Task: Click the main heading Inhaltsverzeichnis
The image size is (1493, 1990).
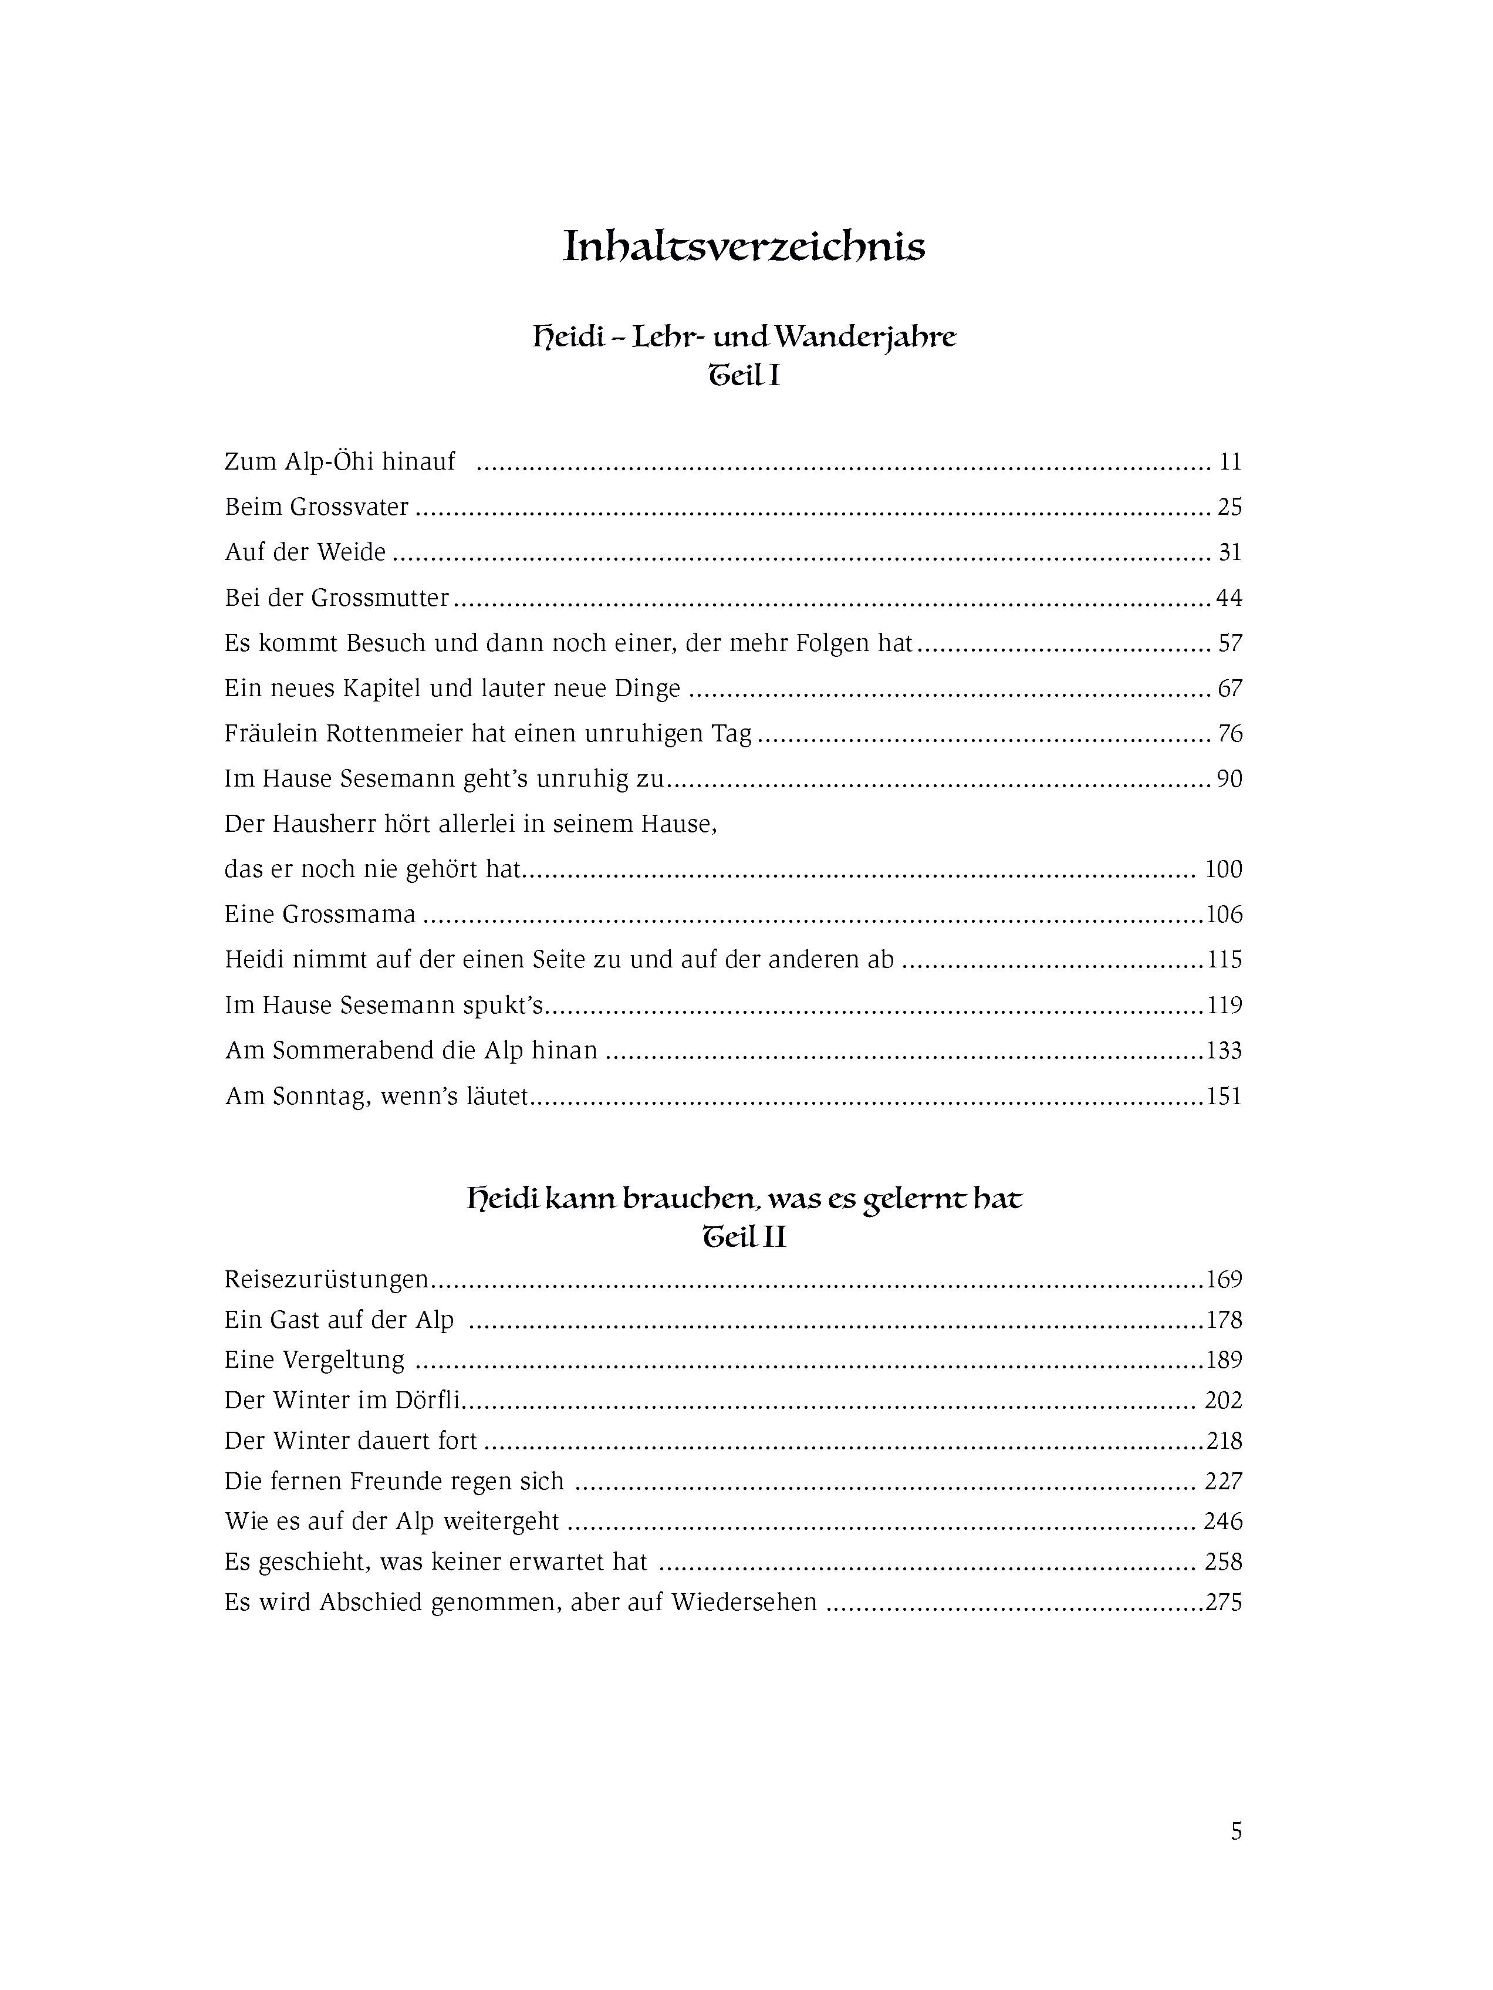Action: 744,247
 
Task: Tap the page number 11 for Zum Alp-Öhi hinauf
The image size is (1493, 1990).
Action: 1229,463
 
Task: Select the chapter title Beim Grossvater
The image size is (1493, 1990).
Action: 316,507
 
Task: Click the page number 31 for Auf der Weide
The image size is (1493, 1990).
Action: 1229,552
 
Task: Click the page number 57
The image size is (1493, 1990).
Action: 1229,643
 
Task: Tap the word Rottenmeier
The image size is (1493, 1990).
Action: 392,734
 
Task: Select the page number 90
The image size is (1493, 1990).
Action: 1229,779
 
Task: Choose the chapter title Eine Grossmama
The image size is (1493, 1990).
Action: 320,915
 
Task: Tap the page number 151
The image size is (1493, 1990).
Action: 1224,1097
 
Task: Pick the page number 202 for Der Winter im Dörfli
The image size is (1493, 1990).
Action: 1223,1400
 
